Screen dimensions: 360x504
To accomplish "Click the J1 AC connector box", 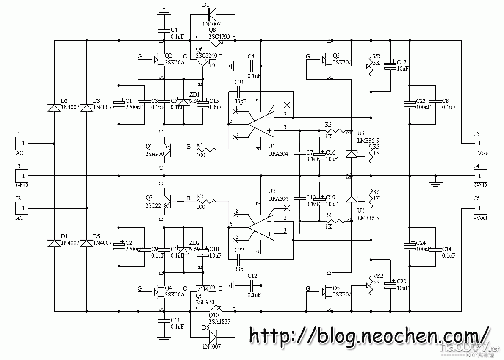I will (x=23, y=144).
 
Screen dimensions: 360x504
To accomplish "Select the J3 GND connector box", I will (x=23, y=175).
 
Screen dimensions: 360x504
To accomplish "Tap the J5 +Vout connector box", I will (x=480, y=144).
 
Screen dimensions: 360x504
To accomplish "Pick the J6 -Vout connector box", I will (x=480, y=208).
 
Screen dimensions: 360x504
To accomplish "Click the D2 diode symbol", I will (x=54, y=108).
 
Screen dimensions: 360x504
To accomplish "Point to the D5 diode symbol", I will (x=86, y=244).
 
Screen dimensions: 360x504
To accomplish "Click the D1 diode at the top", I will (x=212, y=16).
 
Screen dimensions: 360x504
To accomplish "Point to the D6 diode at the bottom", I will (x=212, y=337).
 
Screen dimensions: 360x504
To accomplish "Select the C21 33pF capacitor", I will (x=240, y=92).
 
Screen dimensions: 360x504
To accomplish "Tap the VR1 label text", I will (x=378, y=56).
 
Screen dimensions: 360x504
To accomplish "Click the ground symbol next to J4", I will (x=435, y=183).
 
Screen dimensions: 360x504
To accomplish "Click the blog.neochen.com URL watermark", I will (x=368, y=335).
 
